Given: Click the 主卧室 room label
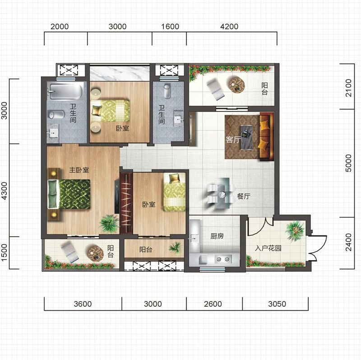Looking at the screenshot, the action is click(79, 170).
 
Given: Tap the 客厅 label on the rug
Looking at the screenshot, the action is click(233, 140).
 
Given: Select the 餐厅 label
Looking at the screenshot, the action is click(244, 196).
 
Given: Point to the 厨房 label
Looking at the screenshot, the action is click(217, 236).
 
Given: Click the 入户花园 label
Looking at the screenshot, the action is click(268, 248).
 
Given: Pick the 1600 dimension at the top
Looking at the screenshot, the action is click(170, 27).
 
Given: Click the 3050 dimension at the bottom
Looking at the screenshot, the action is click(277, 304).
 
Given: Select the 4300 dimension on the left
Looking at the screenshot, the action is click(5, 191).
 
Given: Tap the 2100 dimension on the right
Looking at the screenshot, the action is click(348, 88).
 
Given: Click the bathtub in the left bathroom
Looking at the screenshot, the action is click(65, 91).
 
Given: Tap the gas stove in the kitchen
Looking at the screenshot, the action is click(223, 259).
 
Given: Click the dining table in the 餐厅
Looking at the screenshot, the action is click(222, 193).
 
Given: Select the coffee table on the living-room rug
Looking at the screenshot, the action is click(247, 137).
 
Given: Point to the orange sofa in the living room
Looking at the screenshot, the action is click(267, 136).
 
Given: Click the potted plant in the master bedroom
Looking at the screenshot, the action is click(109, 223).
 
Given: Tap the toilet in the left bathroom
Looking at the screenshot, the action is click(56, 114).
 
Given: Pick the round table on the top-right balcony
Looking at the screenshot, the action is click(236, 85).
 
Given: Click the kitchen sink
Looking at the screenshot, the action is click(194, 238).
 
